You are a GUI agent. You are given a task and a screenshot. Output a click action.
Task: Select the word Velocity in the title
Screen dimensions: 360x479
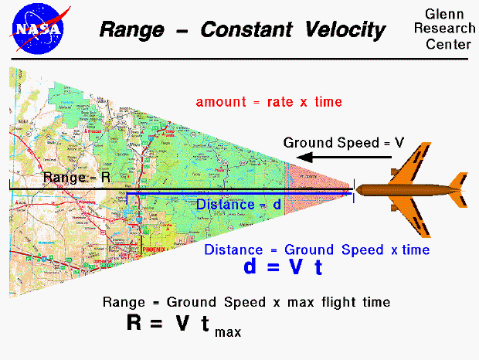coord(342,30)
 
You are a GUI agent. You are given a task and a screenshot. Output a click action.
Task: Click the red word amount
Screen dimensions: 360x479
coord(220,102)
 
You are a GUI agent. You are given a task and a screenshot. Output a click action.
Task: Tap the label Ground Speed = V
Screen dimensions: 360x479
coord(344,142)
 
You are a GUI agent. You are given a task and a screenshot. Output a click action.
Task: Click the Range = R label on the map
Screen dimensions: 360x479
coord(74,178)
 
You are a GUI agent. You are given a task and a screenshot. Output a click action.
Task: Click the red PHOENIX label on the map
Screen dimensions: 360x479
coord(155,250)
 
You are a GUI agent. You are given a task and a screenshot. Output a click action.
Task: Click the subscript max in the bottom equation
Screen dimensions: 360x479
coord(228,332)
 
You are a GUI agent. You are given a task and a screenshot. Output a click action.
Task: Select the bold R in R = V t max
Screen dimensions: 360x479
coord(136,323)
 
